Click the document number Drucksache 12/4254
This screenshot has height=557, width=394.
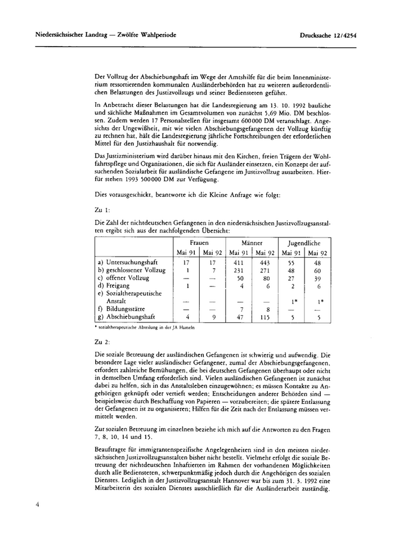(x=331, y=35)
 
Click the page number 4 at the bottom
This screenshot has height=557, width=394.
(x=37, y=505)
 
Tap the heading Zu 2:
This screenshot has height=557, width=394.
(x=105, y=342)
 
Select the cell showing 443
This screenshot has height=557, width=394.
(x=264, y=262)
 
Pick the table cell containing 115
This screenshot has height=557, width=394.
(x=264, y=317)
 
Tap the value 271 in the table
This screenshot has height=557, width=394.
(x=264, y=270)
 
